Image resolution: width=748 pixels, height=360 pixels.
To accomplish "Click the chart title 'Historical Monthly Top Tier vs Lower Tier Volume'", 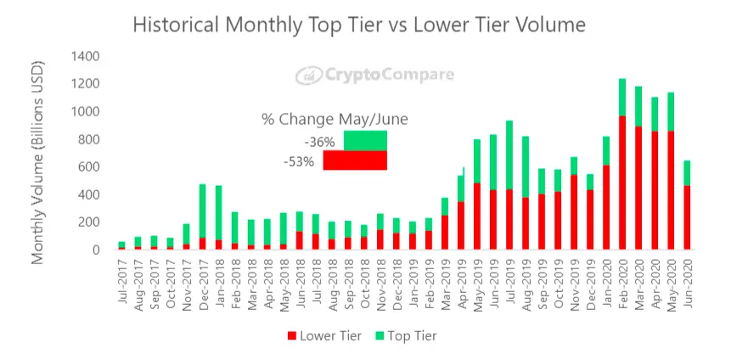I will coord(359,25).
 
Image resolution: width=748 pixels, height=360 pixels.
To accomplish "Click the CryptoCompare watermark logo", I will coord(374,76).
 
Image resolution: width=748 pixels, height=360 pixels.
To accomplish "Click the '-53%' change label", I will coord(303,160).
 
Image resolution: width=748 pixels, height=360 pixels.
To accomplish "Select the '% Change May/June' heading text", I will coord(335,120).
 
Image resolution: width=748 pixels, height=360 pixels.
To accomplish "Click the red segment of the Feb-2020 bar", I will coord(621,183).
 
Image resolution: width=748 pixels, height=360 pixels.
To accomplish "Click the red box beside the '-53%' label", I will coord(355,160).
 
